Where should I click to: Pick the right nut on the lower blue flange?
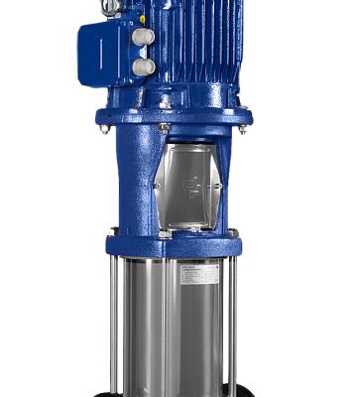(x=234, y=234)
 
